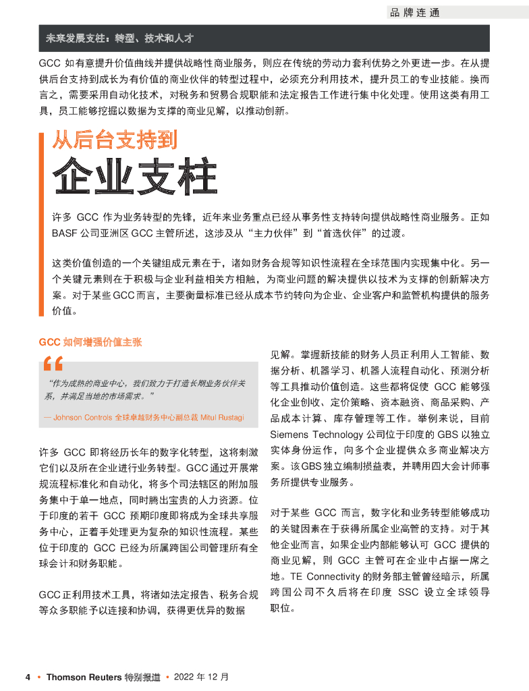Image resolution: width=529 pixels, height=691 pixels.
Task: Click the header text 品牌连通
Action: coord(414,13)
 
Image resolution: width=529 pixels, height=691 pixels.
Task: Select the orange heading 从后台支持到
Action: coord(115,140)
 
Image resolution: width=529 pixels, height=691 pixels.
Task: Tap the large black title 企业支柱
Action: coord(135,177)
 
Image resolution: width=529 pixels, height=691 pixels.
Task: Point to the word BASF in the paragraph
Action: coord(65,234)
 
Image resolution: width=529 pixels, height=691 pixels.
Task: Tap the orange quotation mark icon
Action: coord(52,365)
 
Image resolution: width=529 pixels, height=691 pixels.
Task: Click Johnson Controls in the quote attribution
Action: coord(83,418)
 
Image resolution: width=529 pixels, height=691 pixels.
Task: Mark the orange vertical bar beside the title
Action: coord(42,223)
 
